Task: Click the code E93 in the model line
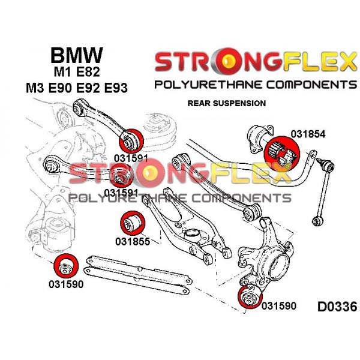click(116, 89)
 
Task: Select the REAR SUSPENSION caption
click(227, 103)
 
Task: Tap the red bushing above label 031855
click(131, 223)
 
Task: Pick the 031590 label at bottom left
click(66, 284)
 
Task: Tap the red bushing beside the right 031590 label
click(247, 296)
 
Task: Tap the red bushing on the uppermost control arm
click(130, 140)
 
